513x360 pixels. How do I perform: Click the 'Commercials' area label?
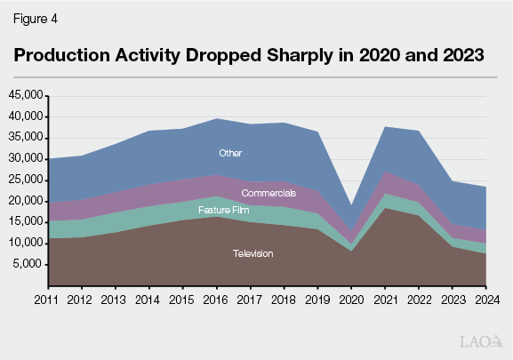[269, 192]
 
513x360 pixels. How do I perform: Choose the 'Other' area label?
[231, 153]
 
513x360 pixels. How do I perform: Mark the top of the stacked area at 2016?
[216, 118]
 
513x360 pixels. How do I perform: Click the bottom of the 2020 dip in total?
[351, 205]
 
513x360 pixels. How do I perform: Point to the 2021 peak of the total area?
[385, 126]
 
